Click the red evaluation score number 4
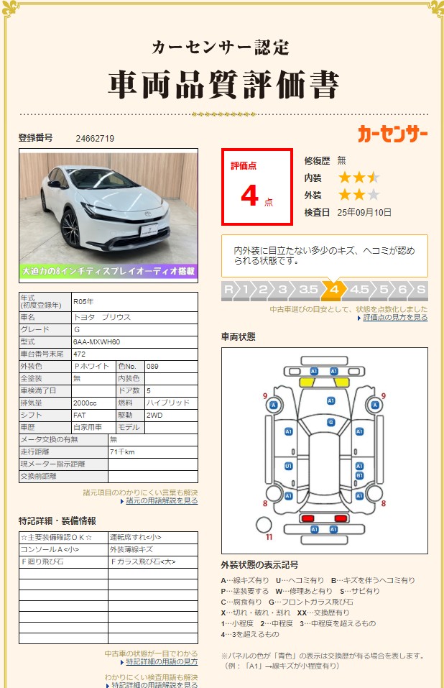249,196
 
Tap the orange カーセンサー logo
392,134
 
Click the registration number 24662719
95,138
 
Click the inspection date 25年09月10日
365,212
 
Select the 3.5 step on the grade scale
308,289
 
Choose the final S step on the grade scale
420,289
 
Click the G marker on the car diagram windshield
330,422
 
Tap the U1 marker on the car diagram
288,466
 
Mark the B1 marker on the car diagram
359,476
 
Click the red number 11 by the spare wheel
269,536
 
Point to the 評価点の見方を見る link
395,317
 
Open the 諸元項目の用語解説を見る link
162,500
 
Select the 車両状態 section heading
238,336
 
